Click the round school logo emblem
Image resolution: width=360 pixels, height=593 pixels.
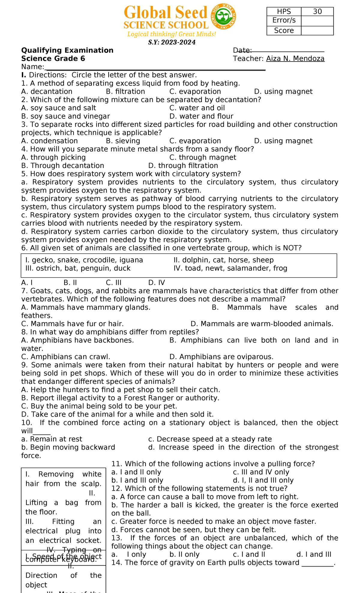pyautogui.click(x=223, y=16)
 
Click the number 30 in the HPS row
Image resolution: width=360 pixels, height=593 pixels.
pyautogui.click(x=317, y=12)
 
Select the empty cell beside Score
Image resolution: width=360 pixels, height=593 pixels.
pyautogui.click(x=317, y=31)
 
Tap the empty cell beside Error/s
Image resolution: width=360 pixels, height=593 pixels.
pyautogui.click(x=317, y=21)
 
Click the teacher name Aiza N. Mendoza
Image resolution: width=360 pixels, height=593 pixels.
pyautogui.click(x=295, y=59)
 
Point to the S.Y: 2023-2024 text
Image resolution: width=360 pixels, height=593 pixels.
pyautogui.click(x=172, y=42)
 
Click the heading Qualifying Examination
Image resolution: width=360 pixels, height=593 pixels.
pyautogui.click(x=67, y=50)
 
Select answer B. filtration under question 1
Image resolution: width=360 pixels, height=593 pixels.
pyautogui.click(x=125, y=92)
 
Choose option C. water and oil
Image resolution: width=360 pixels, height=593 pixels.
pyautogui.click(x=197, y=108)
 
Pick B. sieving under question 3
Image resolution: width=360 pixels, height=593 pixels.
pyautogui.click(x=123, y=141)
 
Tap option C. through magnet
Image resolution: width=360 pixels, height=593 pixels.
pyautogui.click(x=202, y=158)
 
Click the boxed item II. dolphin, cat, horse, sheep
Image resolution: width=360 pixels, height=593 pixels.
pyautogui.click(x=223, y=260)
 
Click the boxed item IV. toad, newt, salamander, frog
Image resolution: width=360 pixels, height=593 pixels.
pyautogui.click(x=230, y=268)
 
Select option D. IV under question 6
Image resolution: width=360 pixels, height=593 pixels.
pyautogui.click(x=157, y=283)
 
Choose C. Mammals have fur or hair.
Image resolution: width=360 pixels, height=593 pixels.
pyautogui.click(x=72, y=324)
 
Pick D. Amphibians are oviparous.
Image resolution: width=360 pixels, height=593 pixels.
pyautogui.click(x=221, y=357)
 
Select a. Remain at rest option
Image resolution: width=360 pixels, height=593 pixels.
pyautogui.click(x=52, y=439)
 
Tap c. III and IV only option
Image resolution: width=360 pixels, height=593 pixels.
pyautogui.click(x=261, y=472)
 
